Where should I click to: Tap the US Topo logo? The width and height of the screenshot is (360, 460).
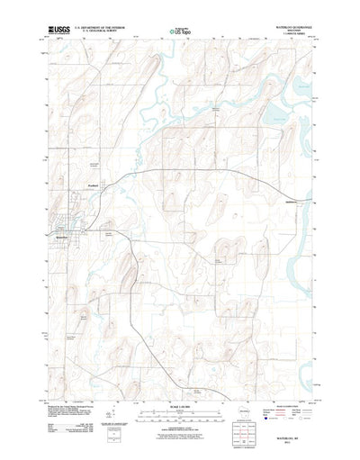point(179,32)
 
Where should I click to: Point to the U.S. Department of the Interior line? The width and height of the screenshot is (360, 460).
point(95,27)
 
